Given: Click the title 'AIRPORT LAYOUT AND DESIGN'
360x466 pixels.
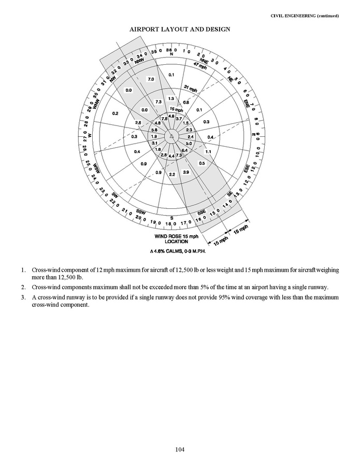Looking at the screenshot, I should click(180, 30).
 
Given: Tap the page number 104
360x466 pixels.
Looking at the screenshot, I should click(180, 449).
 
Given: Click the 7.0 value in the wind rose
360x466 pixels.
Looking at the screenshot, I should click(151, 79).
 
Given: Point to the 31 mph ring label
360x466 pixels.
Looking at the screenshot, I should click(191, 90).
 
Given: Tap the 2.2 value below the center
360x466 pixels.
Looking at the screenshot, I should click(172, 175).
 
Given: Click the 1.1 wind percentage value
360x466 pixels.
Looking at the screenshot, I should click(208, 151).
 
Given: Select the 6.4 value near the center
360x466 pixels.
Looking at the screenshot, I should click(184, 150).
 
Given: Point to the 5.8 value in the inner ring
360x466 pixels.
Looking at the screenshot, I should click(154, 129).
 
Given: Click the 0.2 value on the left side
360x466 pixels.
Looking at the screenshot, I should click(115, 113).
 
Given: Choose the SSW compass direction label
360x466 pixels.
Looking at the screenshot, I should click(140, 212).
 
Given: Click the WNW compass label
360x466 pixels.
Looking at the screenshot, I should click(95, 106).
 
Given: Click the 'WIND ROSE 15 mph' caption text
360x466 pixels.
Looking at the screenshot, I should click(177, 236).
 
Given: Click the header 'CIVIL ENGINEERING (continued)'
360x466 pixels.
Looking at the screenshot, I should click(305, 16).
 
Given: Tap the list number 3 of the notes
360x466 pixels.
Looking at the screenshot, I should click(23, 298).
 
